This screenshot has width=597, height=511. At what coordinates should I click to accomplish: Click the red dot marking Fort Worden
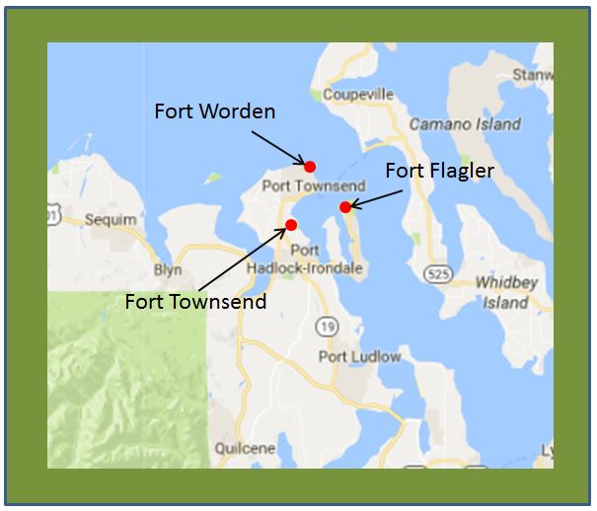tap(310, 166)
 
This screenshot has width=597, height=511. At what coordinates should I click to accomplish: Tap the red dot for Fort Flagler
tap(344, 206)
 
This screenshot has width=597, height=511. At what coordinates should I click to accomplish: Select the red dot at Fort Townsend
tap(291, 225)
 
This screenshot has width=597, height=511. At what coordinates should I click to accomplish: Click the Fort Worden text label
tap(214, 110)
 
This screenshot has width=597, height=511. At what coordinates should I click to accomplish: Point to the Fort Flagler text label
tap(439, 171)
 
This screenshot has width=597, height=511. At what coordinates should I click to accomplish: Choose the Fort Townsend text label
tap(195, 301)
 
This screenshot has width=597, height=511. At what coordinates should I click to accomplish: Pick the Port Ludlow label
tap(360, 356)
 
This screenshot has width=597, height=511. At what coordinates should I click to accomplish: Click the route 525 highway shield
tap(438, 271)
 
